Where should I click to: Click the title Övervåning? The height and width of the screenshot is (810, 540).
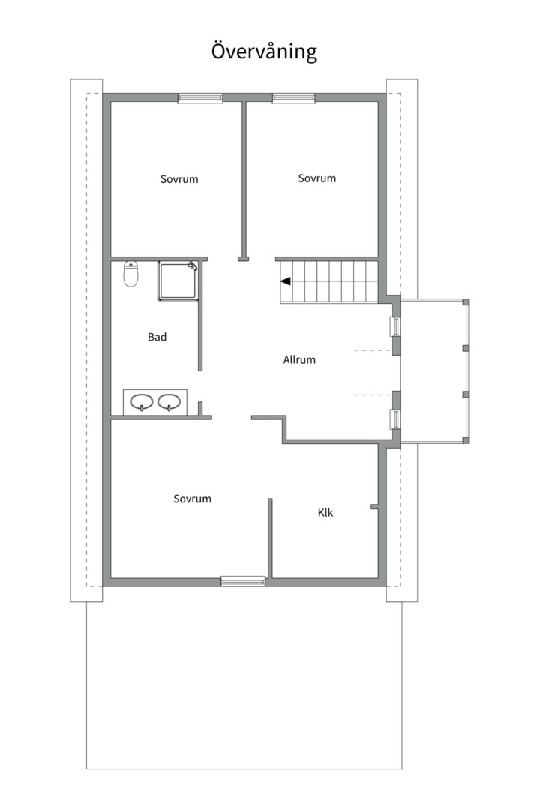coord(264,52)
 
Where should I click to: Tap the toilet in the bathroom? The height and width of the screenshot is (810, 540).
coord(130,274)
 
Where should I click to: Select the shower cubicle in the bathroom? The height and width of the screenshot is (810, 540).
coord(178,281)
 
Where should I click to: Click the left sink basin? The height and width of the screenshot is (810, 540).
coord(141,401)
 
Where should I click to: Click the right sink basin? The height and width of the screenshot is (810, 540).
coord(169,401)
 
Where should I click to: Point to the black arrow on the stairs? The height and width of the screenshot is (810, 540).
coord(285,281)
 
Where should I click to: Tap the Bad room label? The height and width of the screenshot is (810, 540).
coord(157,337)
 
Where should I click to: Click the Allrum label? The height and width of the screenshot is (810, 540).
coord(299,359)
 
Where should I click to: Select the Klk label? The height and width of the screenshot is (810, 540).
coord(325,512)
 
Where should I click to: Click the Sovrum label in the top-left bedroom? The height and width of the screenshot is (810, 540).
coord(179,179)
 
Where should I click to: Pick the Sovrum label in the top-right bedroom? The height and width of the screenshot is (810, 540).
coord(316,178)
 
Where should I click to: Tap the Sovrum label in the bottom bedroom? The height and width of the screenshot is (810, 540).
coord(192,499)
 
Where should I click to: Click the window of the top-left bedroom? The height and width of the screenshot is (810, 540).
coord(200,98)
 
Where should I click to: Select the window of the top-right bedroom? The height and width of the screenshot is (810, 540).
coord(294,98)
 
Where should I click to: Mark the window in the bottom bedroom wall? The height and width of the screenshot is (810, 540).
coord(244,581)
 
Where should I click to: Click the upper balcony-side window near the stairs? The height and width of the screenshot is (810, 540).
coord(395,326)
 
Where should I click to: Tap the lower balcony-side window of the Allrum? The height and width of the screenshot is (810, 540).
coord(395,419)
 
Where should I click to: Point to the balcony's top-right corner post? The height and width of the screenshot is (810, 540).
coord(466,301)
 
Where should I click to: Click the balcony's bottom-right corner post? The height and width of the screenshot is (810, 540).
coord(466,441)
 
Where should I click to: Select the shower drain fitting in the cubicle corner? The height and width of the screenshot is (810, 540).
coord(193,266)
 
